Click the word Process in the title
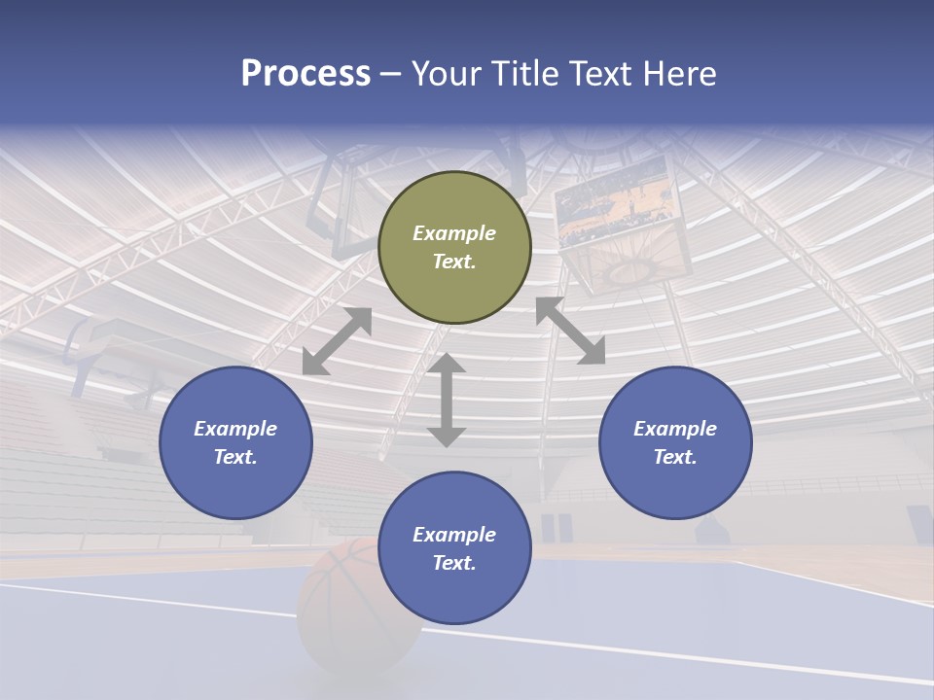pos(305,74)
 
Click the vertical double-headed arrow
pos(447,400)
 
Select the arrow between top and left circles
pos(337,341)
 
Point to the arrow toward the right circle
pos(571,331)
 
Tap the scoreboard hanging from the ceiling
pos(617,214)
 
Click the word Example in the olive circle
pos(454,233)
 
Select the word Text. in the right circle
pos(675,457)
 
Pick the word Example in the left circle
pos(235,429)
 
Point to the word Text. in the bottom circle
pos(454,563)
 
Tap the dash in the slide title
pos(390,74)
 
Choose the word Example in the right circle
pos(675,429)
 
